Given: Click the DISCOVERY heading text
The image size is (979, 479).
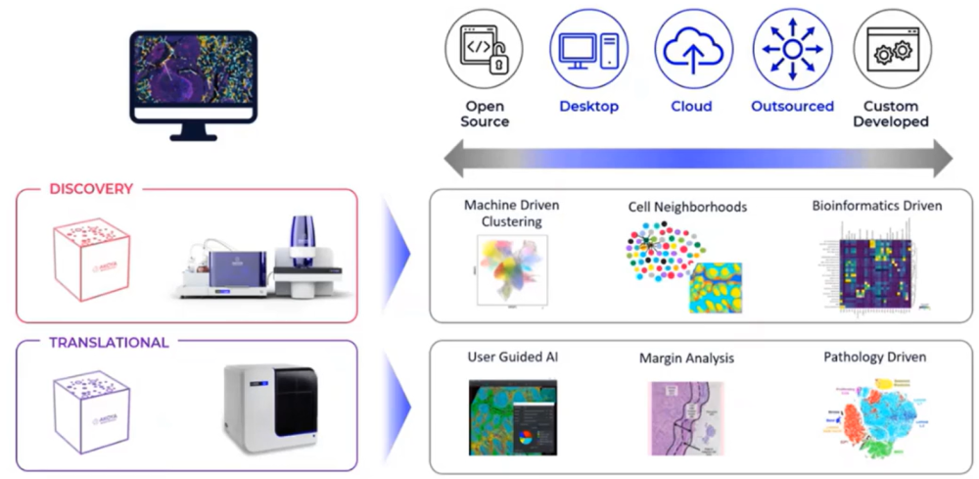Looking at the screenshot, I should [90, 189].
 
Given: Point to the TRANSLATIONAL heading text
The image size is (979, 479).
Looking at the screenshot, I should [109, 343].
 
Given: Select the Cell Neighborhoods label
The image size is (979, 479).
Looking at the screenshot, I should [687, 207].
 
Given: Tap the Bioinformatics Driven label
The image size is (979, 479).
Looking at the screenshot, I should [876, 206].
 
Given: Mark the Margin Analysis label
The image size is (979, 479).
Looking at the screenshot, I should [686, 359].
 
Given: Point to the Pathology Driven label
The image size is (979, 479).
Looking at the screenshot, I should [874, 358].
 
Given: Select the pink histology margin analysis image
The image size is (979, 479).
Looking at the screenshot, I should [688, 418].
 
